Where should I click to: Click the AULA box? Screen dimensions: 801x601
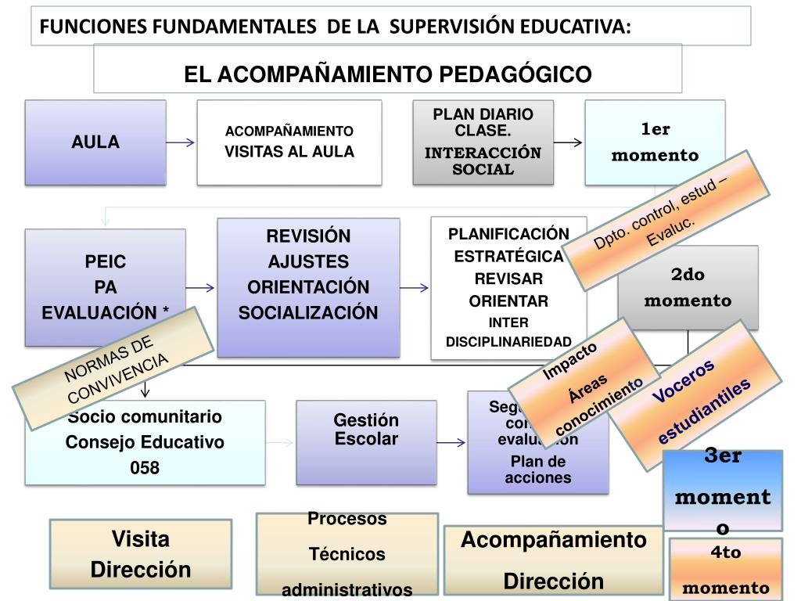click(95, 142)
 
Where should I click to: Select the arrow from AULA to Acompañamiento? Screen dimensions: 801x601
click(181, 142)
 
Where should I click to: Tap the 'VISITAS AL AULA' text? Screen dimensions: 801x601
click(289, 152)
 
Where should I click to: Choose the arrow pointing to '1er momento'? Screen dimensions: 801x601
click(568, 142)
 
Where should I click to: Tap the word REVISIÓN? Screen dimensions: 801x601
click(308, 236)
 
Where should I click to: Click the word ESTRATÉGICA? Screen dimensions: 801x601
click(508, 257)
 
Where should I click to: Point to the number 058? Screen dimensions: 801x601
click(145, 468)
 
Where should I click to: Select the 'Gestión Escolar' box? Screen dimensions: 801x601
click(366, 430)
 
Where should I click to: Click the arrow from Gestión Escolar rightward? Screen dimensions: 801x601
click(451, 443)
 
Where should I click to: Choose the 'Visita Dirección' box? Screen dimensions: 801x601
click(141, 554)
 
